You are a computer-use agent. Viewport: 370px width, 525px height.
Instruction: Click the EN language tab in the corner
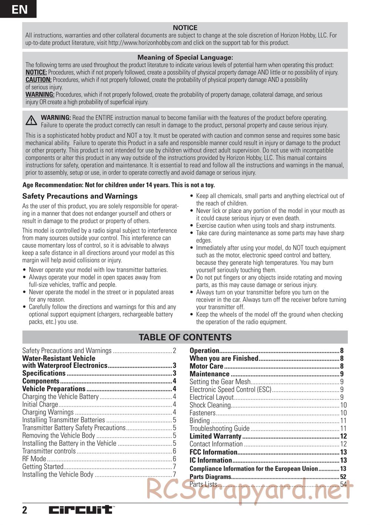click(18, 9)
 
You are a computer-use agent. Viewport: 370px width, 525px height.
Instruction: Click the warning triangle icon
click(31, 121)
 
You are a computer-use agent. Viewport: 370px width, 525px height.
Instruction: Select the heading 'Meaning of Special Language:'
click(185, 57)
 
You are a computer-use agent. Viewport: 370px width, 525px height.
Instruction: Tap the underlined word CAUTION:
click(38, 80)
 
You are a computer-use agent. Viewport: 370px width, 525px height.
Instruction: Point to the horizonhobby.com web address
click(145, 43)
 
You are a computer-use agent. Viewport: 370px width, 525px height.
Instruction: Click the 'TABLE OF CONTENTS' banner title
click(185, 337)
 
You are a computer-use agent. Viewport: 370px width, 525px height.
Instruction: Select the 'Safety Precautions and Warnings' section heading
click(80, 196)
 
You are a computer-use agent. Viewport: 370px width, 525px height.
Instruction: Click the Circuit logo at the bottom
click(81, 510)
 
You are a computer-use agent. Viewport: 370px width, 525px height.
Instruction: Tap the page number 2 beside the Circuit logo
click(25, 510)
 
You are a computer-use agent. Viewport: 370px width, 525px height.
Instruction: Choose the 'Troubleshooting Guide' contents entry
click(219, 429)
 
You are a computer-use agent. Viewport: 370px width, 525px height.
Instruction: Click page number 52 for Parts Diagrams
click(343, 477)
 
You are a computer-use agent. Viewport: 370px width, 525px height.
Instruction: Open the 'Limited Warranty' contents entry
click(215, 436)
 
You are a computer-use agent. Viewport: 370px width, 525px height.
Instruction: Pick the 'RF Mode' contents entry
click(34, 459)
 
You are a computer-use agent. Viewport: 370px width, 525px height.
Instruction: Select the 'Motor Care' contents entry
click(206, 366)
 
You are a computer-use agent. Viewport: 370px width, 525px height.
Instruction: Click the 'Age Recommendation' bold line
click(118, 185)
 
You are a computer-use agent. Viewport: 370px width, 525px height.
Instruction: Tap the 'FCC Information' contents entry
click(213, 452)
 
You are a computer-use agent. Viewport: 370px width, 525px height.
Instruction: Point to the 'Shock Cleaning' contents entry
click(210, 405)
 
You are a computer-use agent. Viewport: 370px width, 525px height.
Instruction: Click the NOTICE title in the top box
click(185, 28)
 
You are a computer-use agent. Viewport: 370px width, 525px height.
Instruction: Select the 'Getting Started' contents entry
click(43, 467)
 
